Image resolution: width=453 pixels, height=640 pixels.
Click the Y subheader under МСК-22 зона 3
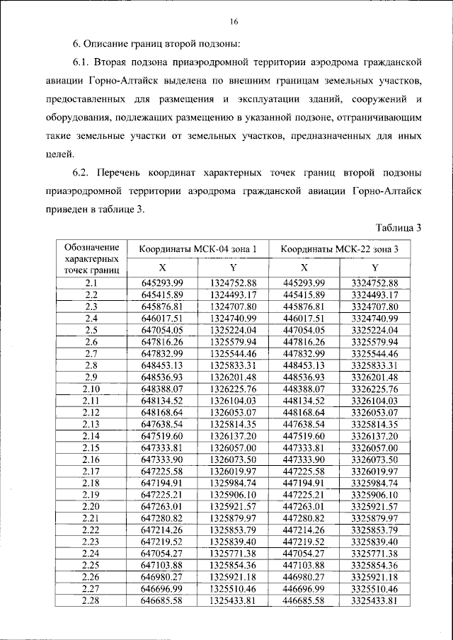pos(374,268)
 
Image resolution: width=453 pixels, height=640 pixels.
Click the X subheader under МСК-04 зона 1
pos(162,268)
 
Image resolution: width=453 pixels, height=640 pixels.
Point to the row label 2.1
pos(91,284)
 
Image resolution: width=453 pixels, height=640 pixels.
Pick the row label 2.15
pos(91,448)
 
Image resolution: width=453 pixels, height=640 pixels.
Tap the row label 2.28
pos(91,601)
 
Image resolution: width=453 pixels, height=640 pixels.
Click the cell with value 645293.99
pos(162,284)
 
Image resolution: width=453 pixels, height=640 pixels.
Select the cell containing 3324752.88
pos(374,284)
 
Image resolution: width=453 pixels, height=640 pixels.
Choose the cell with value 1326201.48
pos(233,377)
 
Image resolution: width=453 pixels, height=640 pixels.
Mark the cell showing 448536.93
pos(304,377)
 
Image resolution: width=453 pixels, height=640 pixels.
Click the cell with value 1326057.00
pos(233,448)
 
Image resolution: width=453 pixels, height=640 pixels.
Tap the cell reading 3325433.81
pos(374,601)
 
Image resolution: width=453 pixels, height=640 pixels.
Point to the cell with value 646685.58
pos(162,601)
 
